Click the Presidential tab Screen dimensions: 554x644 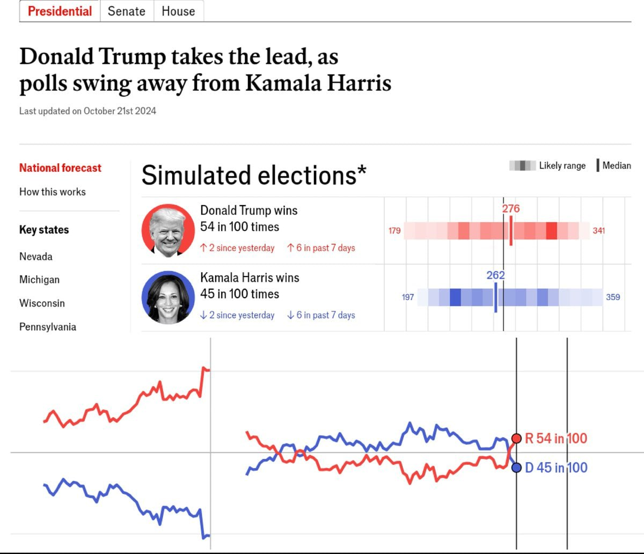[60, 11]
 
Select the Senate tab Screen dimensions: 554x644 [127, 11]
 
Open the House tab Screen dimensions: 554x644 [178, 11]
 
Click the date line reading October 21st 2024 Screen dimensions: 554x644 [87, 111]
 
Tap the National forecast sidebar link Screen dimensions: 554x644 [60, 168]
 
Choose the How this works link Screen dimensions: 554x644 [53, 192]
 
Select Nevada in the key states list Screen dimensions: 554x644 [36, 257]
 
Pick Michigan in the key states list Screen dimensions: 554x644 [39, 280]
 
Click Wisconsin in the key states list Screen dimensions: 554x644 [42, 303]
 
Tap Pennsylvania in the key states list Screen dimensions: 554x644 [48, 327]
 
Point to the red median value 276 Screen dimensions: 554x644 [511, 209]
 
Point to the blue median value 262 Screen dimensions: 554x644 [495, 275]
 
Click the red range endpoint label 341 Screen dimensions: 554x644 [599, 231]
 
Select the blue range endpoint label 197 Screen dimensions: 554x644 [408, 297]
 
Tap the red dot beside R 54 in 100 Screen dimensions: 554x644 [517, 438]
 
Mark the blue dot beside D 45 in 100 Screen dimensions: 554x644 [517, 468]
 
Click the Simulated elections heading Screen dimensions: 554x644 [254, 176]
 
